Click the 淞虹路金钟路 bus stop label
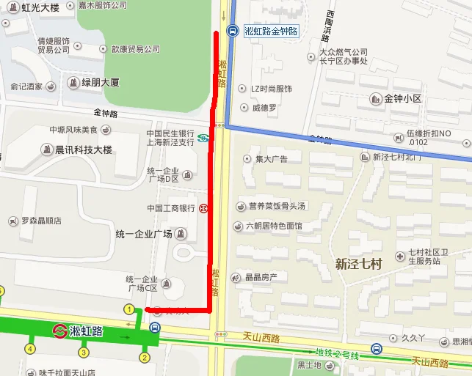pos(272,31)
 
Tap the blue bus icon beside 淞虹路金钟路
pos(232,31)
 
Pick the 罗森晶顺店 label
pos(40,221)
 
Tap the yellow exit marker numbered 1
pos(129,309)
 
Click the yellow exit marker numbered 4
pos(30,348)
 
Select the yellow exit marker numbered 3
pos(84,353)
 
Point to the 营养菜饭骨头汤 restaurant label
pos(275,206)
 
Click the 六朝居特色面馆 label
pos(273,226)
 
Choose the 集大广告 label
pos(271,159)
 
